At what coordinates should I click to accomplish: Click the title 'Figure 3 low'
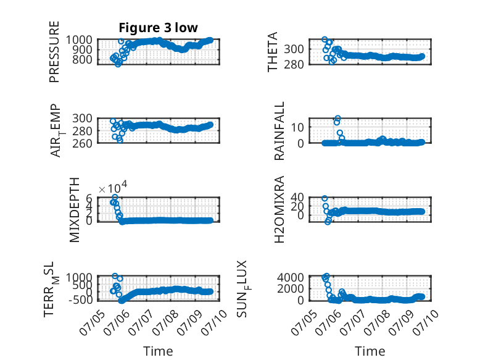point(159,28)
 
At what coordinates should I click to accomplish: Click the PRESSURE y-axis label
point(54,52)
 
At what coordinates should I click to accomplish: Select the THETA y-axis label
point(272,52)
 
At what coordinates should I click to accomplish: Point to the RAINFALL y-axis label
point(279,131)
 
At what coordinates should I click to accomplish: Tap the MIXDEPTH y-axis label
point(75,209)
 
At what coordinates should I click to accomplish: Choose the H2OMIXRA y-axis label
point(279,209)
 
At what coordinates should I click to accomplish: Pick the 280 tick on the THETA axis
point(294,65)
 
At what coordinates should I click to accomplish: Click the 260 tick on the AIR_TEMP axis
point(82,143)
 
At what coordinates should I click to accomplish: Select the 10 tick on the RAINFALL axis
point(297,127)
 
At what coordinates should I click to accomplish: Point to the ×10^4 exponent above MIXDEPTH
point(113,188)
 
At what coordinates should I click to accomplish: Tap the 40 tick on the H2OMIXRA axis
point(297,197)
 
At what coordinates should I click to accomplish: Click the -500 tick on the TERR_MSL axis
point(80,300)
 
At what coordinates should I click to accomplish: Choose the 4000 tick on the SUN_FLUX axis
point(291,278)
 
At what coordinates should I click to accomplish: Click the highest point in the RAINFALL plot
point(337,119)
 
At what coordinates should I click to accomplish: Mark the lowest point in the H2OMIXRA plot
point(328,222)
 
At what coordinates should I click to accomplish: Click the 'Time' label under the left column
point(158,351)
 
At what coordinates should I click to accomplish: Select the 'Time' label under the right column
point(370,351)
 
